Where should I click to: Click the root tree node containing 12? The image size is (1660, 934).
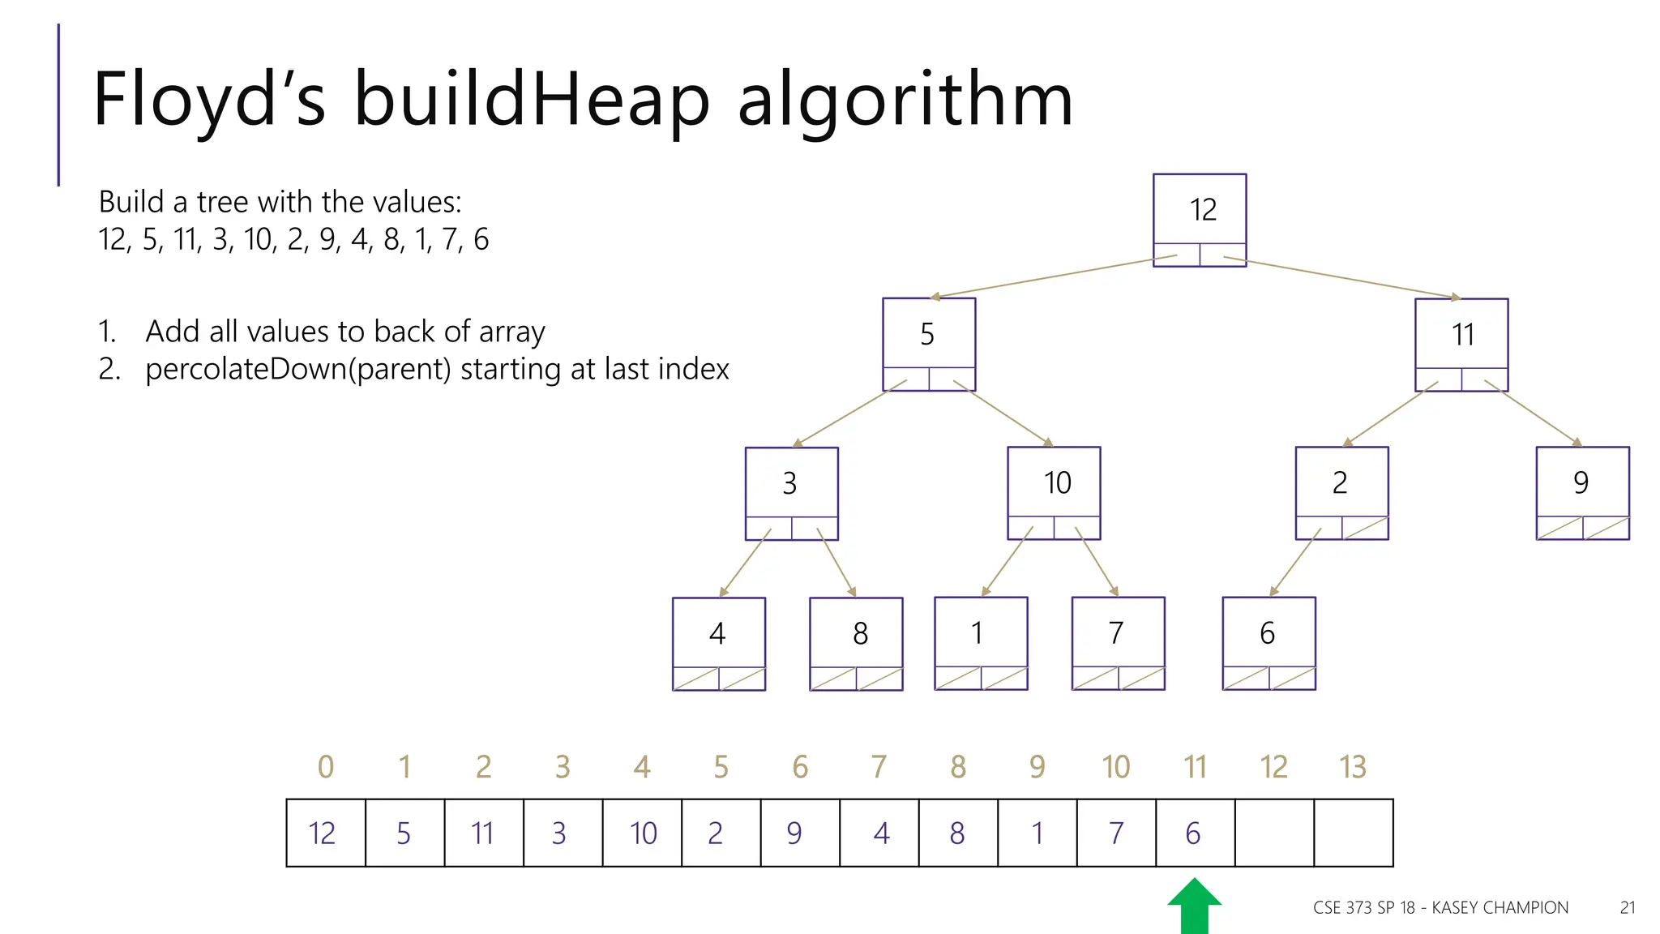click(x=1200, y=219)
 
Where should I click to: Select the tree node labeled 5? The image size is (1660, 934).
click(x=929, y=344)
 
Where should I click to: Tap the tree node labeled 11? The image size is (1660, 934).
click(x=1461, y=344)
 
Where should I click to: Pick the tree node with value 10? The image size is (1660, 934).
click(x=1054, y=492)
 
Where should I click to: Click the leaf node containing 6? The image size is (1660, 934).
click(x=1269, y=643)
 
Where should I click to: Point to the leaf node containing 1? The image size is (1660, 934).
click(x=981, y=643)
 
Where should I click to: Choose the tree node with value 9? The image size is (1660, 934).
click(x=1582, y=492)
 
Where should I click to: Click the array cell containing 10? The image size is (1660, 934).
click(x=643, y=833)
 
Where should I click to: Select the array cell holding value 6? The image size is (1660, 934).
click(x=1195, y=833)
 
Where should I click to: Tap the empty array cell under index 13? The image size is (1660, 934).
click(x=1354, y=833)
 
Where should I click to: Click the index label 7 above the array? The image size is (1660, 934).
click(x=879, y=767)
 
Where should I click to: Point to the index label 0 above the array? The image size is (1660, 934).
click(x=326, y=767)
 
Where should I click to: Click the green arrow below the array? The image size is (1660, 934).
click(x=1195, y=908)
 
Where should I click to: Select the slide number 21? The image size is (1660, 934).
click(x=1628, y=908)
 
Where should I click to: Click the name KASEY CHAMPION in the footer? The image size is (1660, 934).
click(x=1500, y=908)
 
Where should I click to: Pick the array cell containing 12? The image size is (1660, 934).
click(x=325, y=833)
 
